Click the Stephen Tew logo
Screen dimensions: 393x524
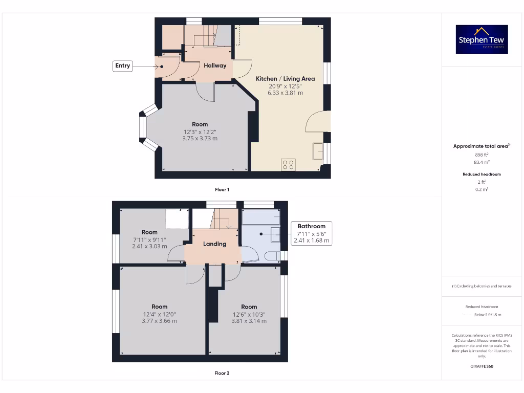point(482,39)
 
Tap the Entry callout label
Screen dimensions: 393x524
point(123,65)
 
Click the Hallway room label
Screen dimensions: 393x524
point(215,65)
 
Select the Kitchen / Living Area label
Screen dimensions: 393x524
point(285,79)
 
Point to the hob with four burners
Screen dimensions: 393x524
point(288,164)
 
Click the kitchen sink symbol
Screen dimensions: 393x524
point(318,152)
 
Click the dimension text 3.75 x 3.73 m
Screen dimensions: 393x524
point(200,138)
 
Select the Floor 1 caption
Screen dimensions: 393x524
point(222,189)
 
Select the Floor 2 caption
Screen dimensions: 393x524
point(222,373)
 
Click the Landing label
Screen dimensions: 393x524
point(214,244)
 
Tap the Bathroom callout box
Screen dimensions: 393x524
point(311,233)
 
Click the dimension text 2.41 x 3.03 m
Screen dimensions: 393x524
point(149,246)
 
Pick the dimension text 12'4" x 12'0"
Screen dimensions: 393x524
point(159,314)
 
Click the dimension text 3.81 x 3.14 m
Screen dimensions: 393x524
point(249,321)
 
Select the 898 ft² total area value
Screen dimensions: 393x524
point(482,154)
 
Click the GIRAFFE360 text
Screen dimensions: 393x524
point(482,366)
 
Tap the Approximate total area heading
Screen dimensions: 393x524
point(482,146)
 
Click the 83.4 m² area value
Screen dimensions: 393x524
point(482,162)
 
